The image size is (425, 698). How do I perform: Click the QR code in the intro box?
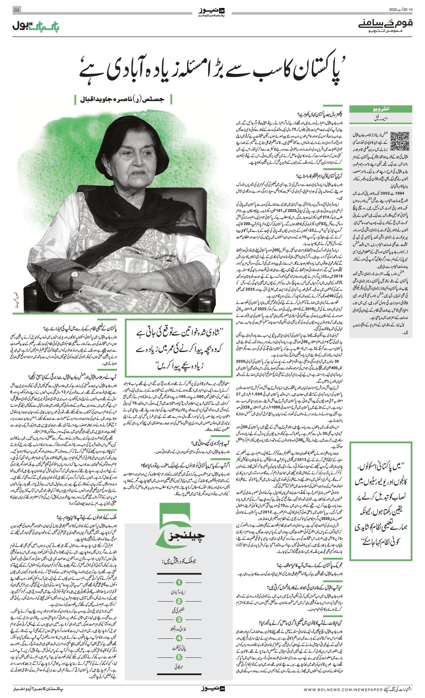400,141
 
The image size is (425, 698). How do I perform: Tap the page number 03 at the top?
16,10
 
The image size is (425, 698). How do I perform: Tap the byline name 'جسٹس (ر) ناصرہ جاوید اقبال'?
123,100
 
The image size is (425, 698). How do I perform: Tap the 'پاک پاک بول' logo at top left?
36,26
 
